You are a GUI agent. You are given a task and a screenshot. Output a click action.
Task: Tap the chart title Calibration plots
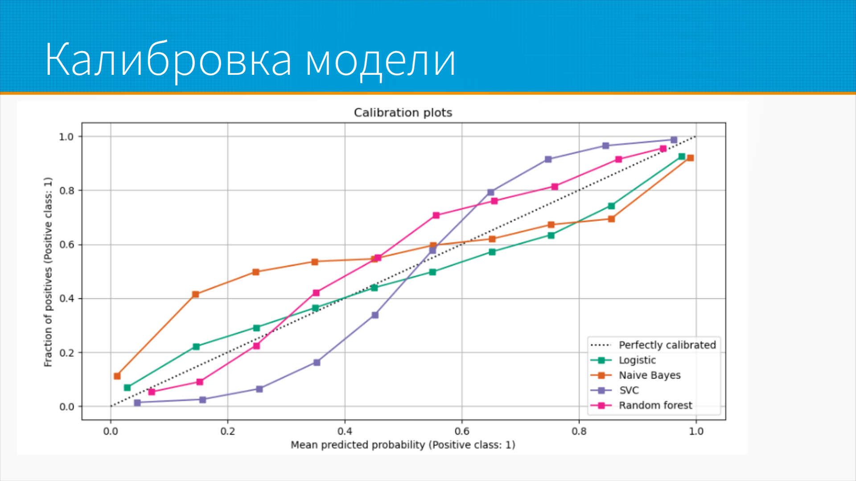point(403,113)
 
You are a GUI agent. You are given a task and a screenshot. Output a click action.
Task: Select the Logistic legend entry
point(637,360)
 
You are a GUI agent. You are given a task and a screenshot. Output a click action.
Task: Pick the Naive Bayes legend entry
point(650,375)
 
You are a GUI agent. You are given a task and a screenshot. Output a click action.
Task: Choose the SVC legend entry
point(629,391)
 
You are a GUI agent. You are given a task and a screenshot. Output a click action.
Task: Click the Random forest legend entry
point(655,406)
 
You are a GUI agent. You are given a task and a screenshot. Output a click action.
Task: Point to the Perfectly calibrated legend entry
point(667,345)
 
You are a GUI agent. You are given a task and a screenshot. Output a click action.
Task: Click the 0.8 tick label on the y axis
point(66,191)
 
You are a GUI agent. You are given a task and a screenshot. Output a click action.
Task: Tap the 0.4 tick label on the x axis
point(345,432)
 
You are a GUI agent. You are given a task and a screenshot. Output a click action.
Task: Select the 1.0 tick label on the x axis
point(696,432)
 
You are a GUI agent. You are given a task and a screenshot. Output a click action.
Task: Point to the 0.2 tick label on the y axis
point(66,353)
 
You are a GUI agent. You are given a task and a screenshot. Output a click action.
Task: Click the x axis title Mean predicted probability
point(403,445)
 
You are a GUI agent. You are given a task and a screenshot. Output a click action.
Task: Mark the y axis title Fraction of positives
point(48,272)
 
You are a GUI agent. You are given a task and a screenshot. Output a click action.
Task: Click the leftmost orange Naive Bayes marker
point(117,376)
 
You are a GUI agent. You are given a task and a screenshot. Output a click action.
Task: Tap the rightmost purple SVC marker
point(674,140)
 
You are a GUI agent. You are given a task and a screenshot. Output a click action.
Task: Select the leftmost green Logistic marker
point(127,388)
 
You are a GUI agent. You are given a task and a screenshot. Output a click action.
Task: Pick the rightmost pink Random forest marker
point(663,149)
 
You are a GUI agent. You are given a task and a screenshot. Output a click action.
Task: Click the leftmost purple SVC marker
point(137,403)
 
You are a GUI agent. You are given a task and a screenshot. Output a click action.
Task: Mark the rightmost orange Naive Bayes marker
point(691,158)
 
